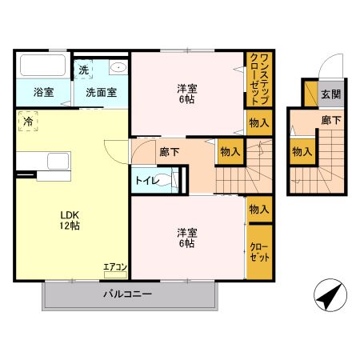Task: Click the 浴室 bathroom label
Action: coord(44,92)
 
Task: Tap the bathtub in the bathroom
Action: coord(43,66)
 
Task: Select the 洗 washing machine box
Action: coord(84,70)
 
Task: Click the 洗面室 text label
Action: coord(102,92)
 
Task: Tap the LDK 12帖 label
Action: coord(67,220)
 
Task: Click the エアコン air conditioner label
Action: coord(115,266)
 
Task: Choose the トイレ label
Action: coord(145,181)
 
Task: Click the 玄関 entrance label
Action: coord(330,94)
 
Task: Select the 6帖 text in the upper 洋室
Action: coord(186,100)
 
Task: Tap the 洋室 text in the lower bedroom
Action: coord(186,233)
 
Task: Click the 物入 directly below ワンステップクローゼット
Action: coord(258,123)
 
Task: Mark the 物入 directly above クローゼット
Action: coord(258,210)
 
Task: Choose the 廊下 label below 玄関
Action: coord(330,120)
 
